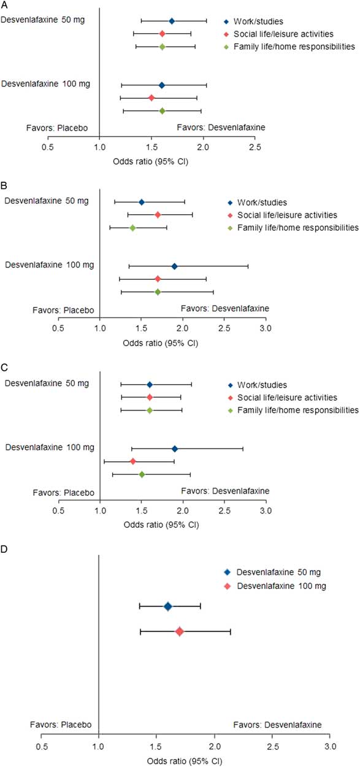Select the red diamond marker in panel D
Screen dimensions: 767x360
click(x=180, y=631)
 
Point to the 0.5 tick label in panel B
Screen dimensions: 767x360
click(x=58, y=329)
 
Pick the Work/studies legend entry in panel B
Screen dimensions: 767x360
click(x=264, y=202)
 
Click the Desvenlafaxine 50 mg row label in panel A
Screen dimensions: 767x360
click(x=43, y=20)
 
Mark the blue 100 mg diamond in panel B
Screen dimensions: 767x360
click(x=175, y=266)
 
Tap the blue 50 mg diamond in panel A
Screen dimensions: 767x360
click(x=172, y=21)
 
